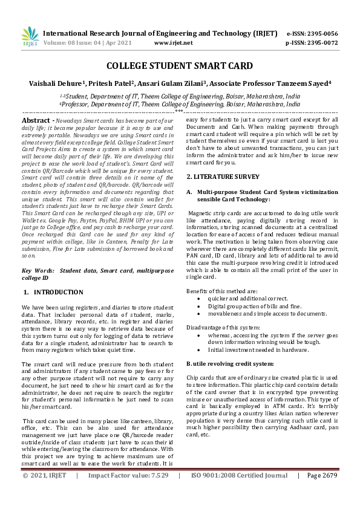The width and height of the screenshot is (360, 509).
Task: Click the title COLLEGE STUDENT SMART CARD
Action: [180, 66]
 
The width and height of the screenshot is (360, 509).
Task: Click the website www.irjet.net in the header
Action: [174, 44]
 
